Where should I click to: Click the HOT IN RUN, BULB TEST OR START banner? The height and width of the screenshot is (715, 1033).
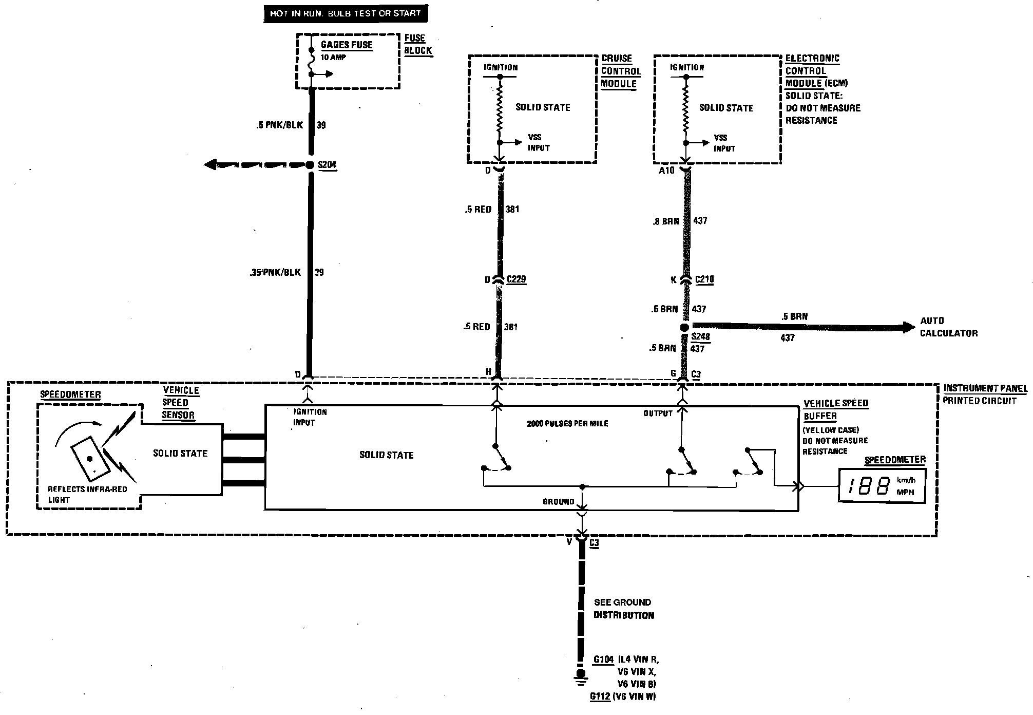pyautogui.click(x=345, y=13)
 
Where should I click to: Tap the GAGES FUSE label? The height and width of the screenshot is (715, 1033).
pyautogui.click(x=346, y=45)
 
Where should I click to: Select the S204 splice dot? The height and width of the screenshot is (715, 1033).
pyautogui.click(x=310, y=165)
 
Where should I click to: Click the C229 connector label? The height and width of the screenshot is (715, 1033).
pyautogui.click(x=516, y=279)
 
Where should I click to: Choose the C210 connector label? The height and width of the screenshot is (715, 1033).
pyautogui.click(x=704, y=279)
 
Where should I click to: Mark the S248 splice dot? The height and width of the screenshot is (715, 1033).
pyautogui.click(x=684, y=327)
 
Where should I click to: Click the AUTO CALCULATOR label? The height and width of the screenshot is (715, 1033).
pyautogui.click(x=948, y=327)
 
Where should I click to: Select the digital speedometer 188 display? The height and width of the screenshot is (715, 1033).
pyautogui.click(x=882, y=485)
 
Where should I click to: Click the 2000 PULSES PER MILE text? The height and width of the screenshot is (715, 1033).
pyautogui.click(x=567, y=424)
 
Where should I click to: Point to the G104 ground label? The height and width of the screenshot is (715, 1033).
pyautogui.click(x=603, y=660)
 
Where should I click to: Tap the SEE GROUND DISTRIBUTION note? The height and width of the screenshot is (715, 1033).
pyautogui.click(x=623, y=609)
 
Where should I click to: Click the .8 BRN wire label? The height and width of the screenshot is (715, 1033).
pyautogui.click(x=666, y=221)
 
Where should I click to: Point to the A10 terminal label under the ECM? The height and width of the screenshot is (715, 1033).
pyautogui.click(x=666, y=171)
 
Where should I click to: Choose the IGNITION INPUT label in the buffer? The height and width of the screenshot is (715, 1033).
pyautogui.click(x=310, y=417)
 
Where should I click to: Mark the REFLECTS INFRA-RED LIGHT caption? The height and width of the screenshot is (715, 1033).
pyautogui.click(x=87, y=494)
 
